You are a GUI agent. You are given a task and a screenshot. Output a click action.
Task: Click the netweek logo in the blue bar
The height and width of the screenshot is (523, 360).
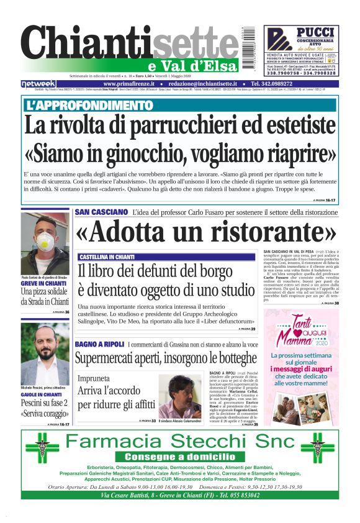tap(38, 83)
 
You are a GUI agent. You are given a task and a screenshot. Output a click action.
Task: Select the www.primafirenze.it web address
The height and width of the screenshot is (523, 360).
tap(128, 83)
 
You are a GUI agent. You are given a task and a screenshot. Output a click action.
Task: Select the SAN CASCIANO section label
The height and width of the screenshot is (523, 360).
tap(101, 212)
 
